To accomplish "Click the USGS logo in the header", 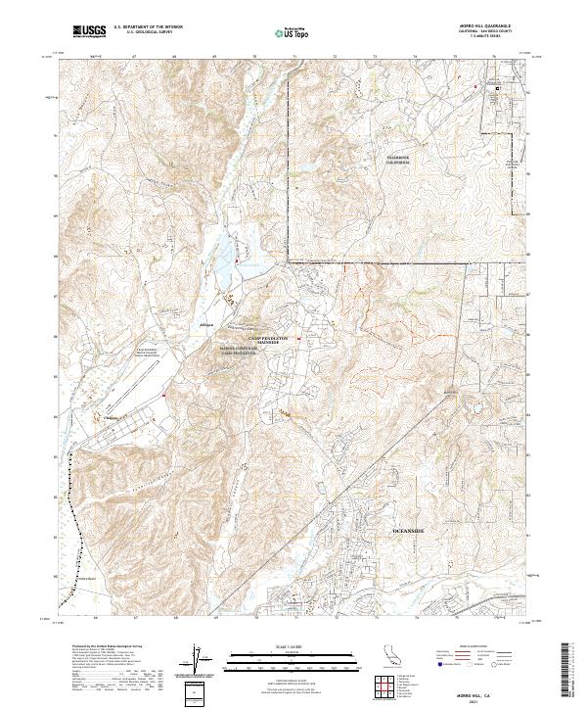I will pyautogui.click(x=89, y=31).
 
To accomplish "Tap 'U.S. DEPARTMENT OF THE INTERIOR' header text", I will pyautogui.click(x=148, y=28).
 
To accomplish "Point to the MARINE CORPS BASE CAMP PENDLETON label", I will pyautogui.click(x=238, y=350).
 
